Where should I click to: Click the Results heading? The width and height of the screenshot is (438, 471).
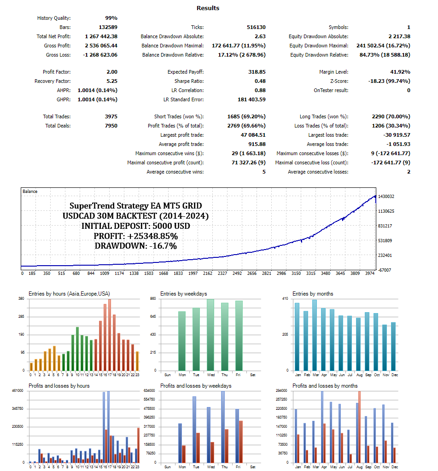click(208, 8)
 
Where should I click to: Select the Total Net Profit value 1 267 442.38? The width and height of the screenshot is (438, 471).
click(101, 36)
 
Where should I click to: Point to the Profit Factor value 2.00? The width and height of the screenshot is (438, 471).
click(112, 72)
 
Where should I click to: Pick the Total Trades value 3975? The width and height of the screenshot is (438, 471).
click(111, 116)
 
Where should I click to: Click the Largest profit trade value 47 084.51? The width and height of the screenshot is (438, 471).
click(250, 135)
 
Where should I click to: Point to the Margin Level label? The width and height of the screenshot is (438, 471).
click(333, 72)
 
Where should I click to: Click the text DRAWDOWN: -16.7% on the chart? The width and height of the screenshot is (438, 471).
click(135, 246)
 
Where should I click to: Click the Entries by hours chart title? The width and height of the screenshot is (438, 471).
click(69, 294)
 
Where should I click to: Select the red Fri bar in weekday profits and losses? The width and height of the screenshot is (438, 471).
click(241, 441)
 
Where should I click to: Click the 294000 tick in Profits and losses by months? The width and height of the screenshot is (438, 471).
click(281, 391)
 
